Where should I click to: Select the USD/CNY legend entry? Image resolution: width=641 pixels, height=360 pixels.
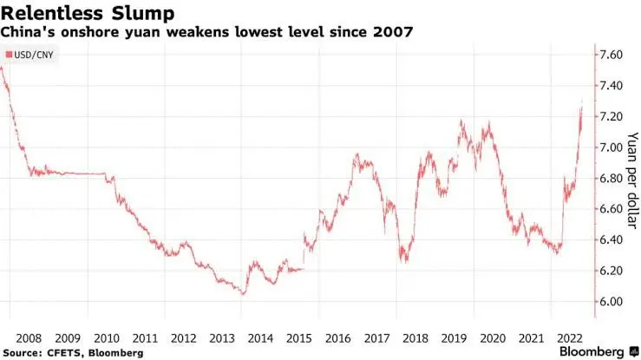[31, 54]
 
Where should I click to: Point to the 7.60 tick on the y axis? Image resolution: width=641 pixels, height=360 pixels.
[612, 55]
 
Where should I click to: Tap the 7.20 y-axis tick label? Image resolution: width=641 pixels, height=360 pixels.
[612, 116]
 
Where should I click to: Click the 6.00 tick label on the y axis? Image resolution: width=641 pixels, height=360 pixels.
[612, 301]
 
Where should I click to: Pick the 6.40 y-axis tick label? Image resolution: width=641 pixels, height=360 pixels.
[612, 239]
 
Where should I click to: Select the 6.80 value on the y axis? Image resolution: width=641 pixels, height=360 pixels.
[612, 178]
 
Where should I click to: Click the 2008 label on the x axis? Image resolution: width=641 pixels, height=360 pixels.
[30, 337]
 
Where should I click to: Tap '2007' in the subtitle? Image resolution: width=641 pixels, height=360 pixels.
[393, 32]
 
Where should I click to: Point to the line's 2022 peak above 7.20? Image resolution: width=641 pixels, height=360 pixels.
[581, 103]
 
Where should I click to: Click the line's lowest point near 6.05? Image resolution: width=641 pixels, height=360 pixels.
[243, 294]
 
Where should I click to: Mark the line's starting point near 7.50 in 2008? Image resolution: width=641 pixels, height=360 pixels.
[3, 68]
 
